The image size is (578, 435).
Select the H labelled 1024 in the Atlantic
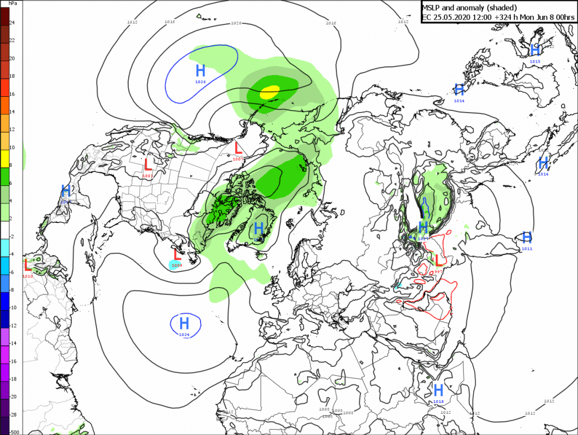point(185,323)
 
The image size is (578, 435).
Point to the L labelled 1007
point(238,147)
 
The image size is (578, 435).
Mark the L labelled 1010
point(28,265)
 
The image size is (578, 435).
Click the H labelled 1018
point(438,390)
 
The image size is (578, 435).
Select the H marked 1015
point(535,50)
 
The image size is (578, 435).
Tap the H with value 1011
point(526,237)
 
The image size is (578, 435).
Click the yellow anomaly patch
point(269,92)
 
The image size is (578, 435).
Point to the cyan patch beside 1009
point(173,265)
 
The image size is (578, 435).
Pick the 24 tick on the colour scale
point(12,23)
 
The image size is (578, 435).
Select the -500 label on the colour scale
point(14,432)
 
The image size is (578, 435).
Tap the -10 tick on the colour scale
point(14,308)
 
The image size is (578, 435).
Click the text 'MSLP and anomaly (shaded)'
point(470,7)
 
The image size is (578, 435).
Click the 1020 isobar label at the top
point(236,23)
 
